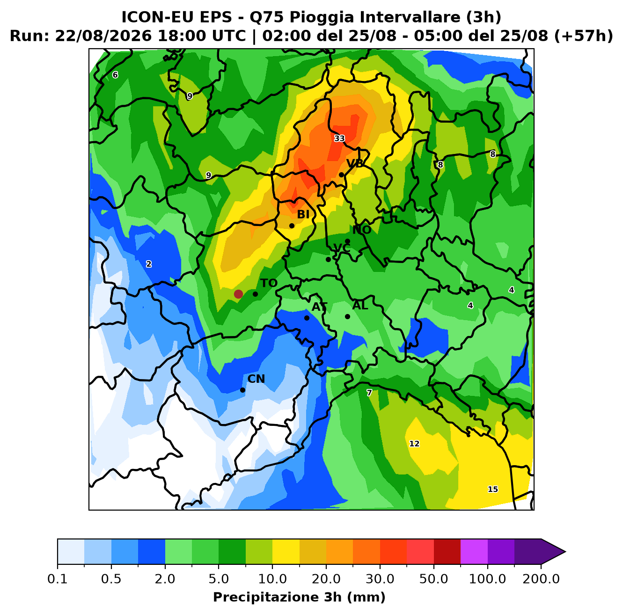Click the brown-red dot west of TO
238,294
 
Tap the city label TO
269,283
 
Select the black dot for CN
242,390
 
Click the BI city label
303,214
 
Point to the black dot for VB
341,175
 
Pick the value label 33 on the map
339,139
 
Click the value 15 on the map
493,489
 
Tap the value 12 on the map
414,444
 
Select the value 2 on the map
149,264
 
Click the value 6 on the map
115,75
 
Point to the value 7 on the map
369,393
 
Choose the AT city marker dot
307,318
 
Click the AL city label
360,305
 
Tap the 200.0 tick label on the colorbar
541,579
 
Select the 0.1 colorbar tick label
58,579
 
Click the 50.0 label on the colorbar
433,579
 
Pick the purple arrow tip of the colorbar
565,552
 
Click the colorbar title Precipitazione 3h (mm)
299,597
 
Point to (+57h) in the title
583,36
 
